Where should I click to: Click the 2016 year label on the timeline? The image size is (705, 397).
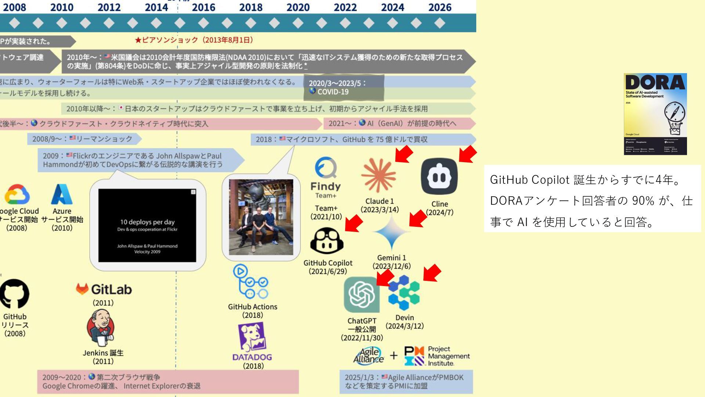pyautogui.click(x=203, y=7)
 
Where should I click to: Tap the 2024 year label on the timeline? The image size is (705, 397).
pyautogui.click(x=393, y=7)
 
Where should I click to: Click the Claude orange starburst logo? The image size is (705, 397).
pyautogui.click(x=378, y=175)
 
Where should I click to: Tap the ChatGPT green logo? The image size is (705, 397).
pyautogui.click(x=361, y=294)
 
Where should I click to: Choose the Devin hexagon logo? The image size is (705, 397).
pyautogui.click(x=404, y=293)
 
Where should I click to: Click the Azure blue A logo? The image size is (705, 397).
pyautogui.click(x=62, y=194)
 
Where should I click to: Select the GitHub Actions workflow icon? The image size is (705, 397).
pyautogui.click(x=251, y=282)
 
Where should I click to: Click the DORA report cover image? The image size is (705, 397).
pyautogui.click(x=655, y=114)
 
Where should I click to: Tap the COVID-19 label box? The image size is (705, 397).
pyautogui.click(x=343, y=87)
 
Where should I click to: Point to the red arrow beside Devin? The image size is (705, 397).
pyautogui.click(x=432, y=273)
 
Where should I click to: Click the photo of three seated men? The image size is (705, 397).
pyautogui.click(x=261, y=217)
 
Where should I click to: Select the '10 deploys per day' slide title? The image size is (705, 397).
pyautogui.click(x=147, y=222)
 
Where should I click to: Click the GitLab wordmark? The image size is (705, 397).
pyautogui.click(x=111, y=289)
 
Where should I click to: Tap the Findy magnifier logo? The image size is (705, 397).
pyautogui.click(x=326, y=168)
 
